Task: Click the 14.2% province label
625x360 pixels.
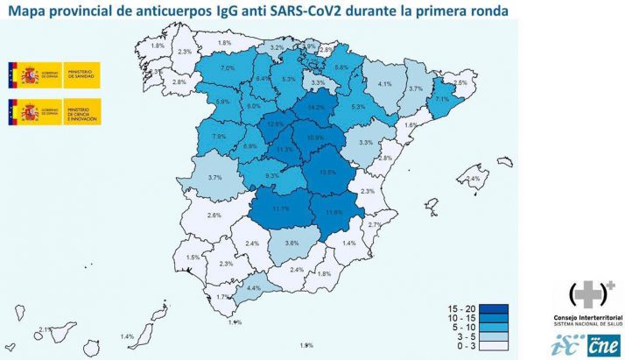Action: (x=316, y=108)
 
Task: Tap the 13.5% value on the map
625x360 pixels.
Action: (x=328, y=173)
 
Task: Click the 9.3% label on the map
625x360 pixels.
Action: (x=272, y=176)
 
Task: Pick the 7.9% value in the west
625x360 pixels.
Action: (x=220, y=137)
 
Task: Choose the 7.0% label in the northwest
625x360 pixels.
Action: (x=228, y=68)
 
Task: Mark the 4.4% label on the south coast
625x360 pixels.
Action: (x=255, y=287)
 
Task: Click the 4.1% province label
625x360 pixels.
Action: (x=384, y=84)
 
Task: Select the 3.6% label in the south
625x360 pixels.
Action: (x=293, y=243)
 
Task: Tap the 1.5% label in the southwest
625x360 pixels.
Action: (x=193, y=258)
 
